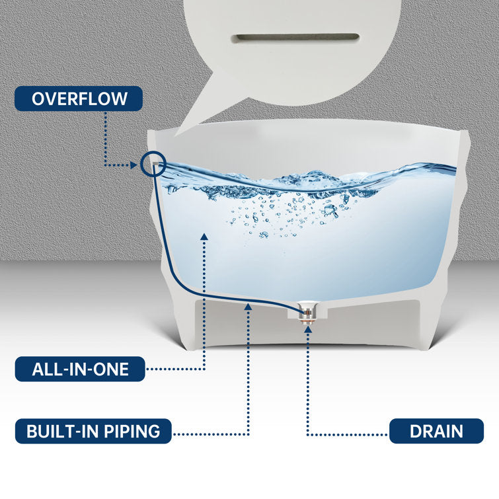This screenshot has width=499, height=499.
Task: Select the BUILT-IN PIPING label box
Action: tap(93, 432)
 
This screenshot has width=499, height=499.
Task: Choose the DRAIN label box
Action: tap(436, 432)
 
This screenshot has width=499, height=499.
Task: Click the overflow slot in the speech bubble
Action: tap(298, 37)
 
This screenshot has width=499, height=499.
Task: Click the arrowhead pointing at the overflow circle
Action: tap(136, 164)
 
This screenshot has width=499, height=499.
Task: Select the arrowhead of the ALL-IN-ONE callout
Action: tap(204, 235)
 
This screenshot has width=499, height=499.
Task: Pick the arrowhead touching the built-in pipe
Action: tap(249, 306)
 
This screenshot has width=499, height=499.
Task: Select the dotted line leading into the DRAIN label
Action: tap(350, 434)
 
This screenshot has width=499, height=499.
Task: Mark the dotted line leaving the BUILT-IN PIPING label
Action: tap(211, 434)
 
